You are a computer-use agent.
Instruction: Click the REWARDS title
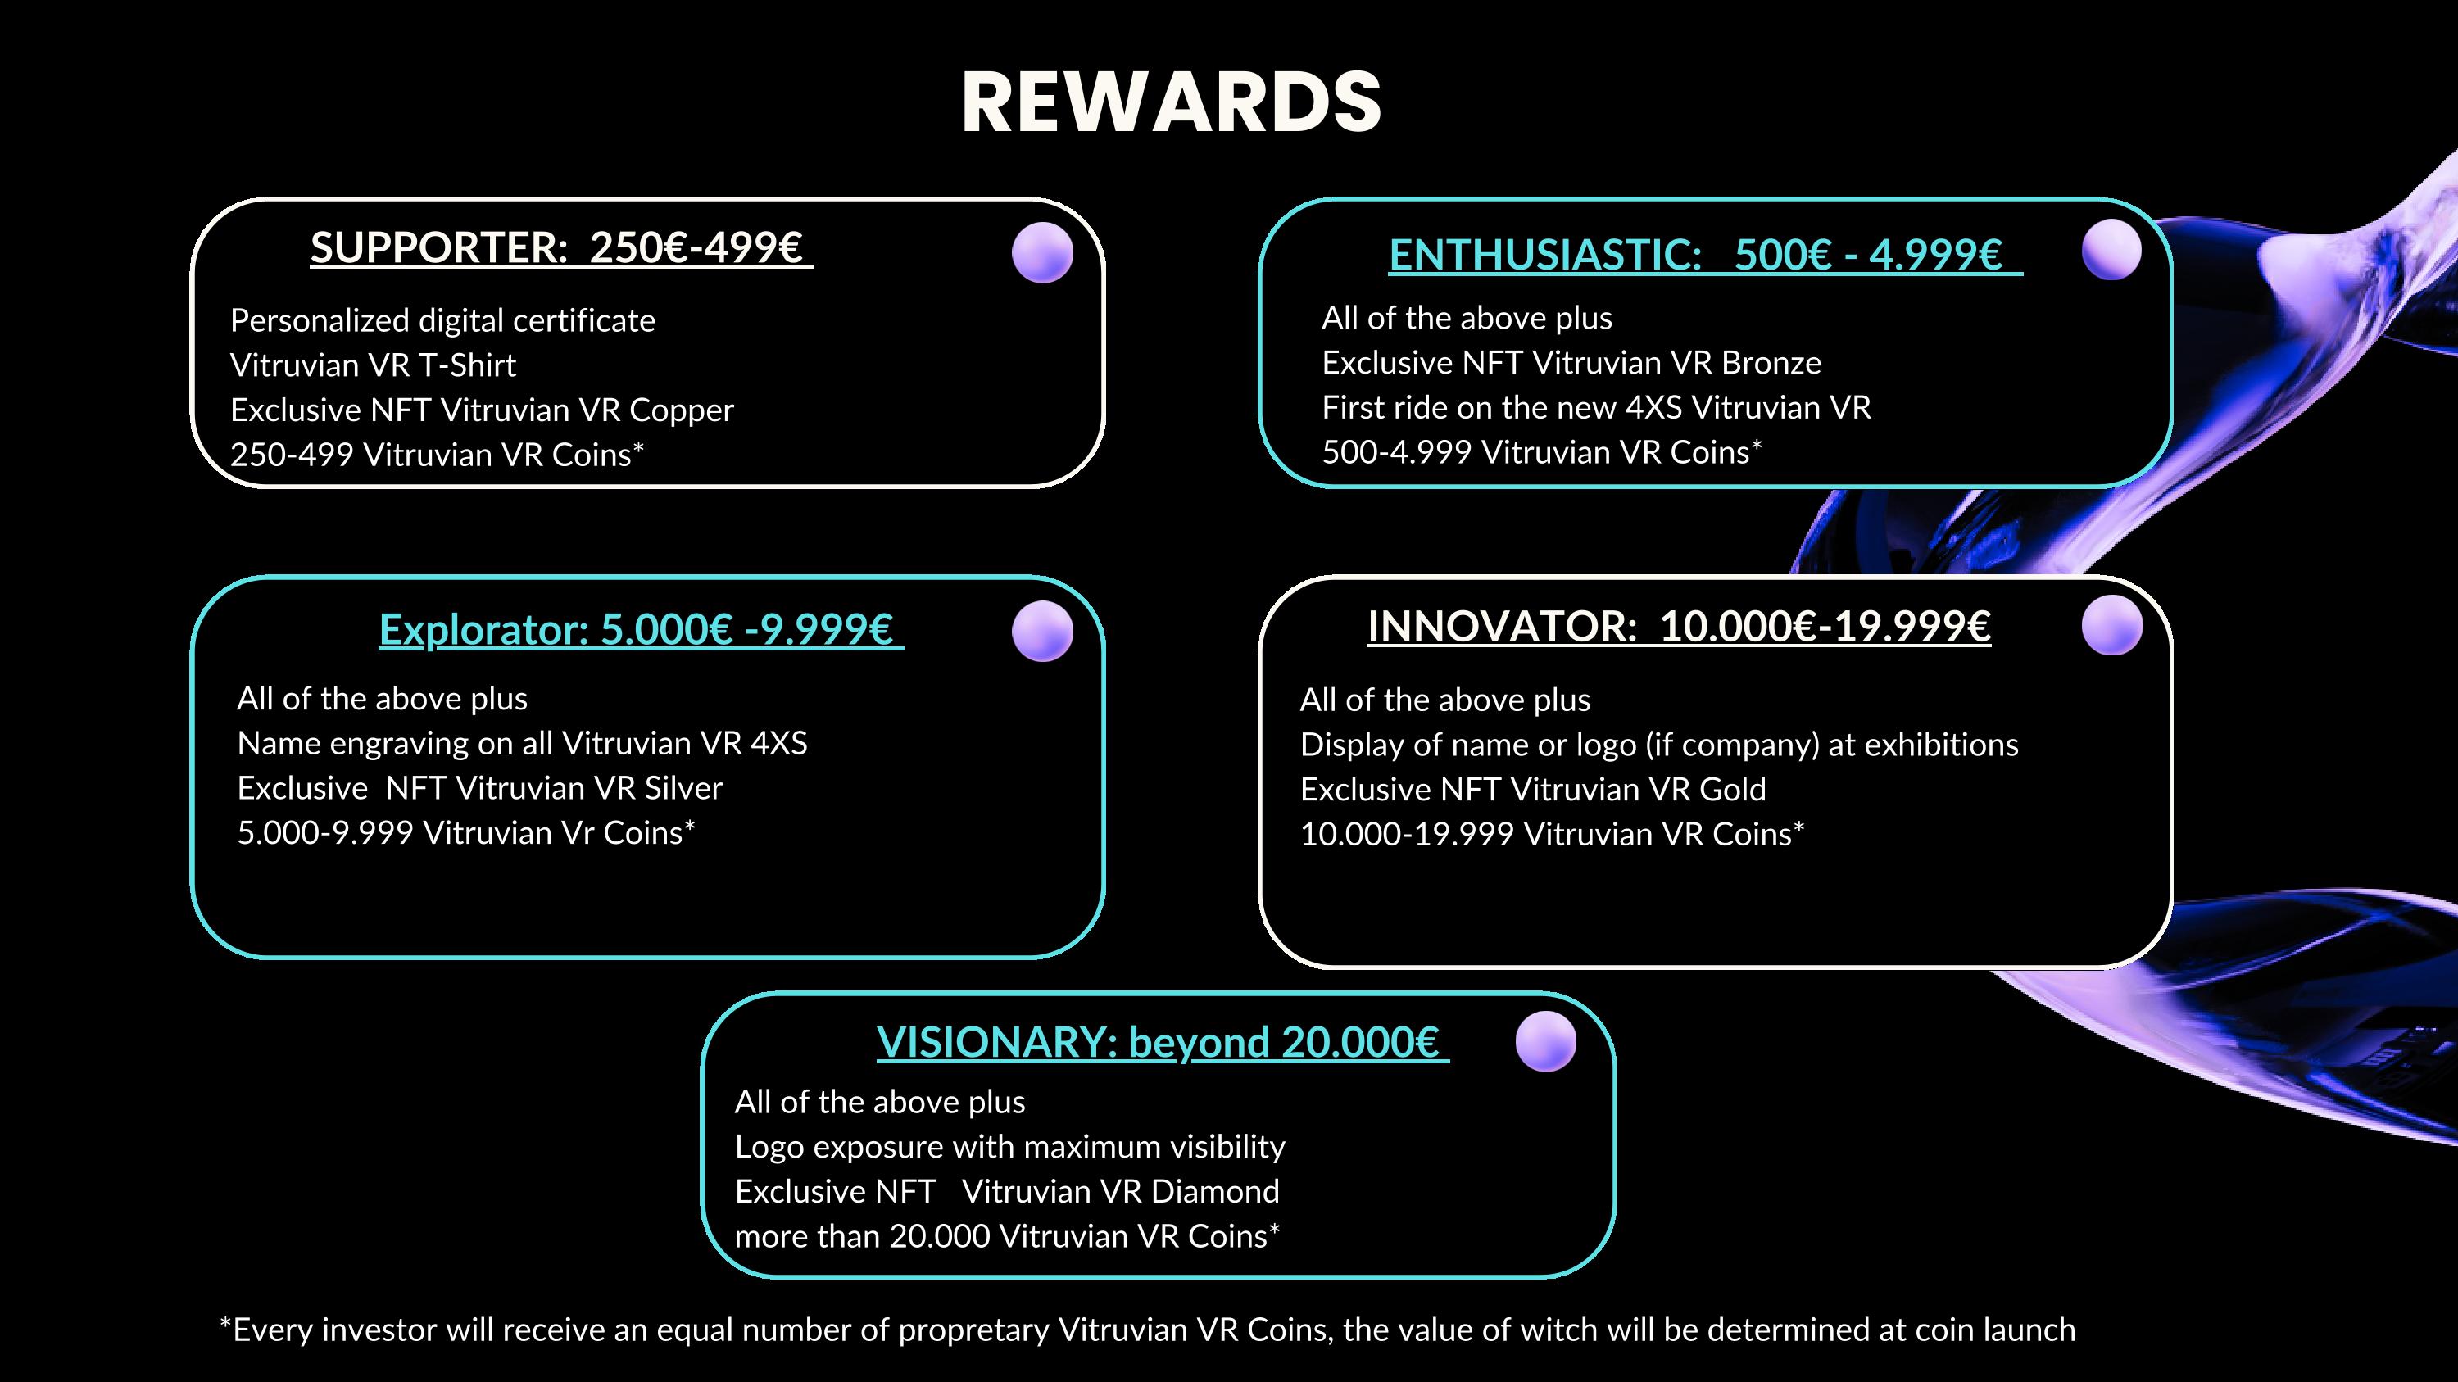click(x=1171, y=102)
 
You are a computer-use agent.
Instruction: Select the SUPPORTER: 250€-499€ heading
click(x=561, y=248)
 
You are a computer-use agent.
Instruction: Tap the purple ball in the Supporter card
click(x=1042, y=253)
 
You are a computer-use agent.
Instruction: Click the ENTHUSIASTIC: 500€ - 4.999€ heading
click(x=1705, y=255)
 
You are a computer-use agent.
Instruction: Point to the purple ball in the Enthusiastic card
click(x=2111, y=250)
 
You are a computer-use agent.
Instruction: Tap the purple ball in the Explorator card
click(x=1042, y=632)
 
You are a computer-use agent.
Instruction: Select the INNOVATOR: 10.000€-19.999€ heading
click(x=1680, y=627)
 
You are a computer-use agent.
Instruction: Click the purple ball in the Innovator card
click(x=2111, y=626)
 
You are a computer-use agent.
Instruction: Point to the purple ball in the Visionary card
click(x=1546, y=1041)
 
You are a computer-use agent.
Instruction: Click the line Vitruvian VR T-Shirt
click(x=373, y=365)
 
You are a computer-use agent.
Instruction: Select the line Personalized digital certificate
click(x=442, y=320)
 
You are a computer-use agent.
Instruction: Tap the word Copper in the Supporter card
click(x=682, y=411)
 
